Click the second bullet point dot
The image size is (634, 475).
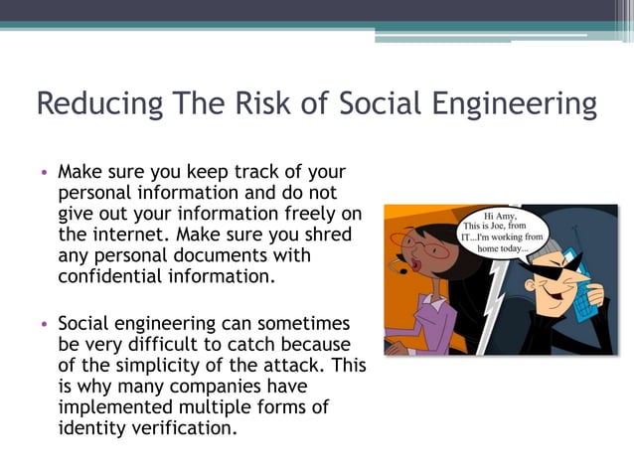45,325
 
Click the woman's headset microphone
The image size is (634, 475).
402,268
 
